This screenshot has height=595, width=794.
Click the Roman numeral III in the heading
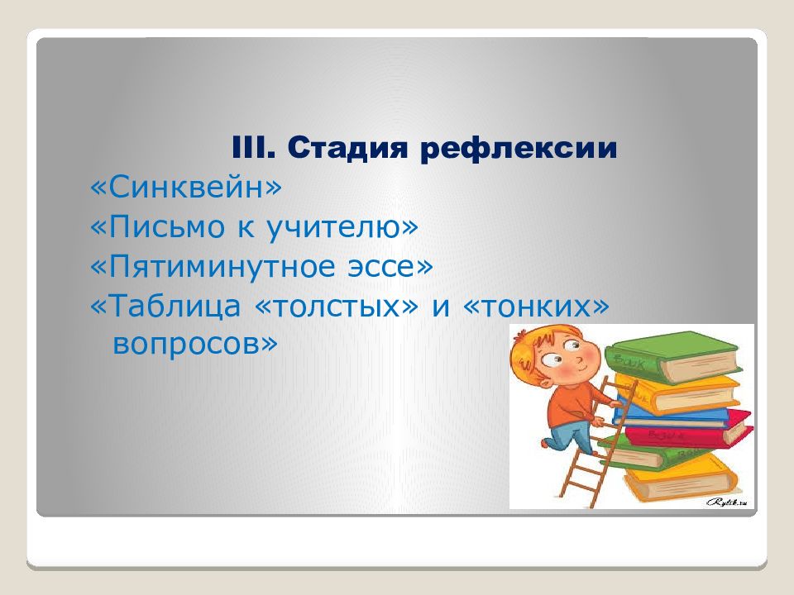click(253, 150)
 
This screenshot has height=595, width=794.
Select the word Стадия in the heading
click(347, 150)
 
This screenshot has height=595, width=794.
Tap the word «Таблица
click(170, 307)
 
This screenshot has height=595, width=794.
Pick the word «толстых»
click(339, 307)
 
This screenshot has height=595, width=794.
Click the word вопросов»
click(194, 343)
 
